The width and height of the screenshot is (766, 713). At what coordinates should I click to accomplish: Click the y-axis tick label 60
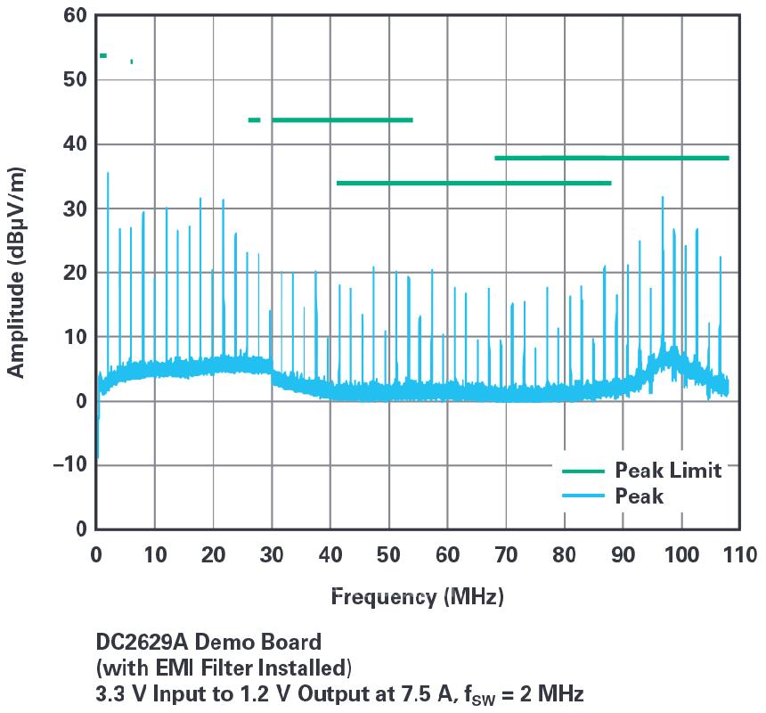pos(76,16)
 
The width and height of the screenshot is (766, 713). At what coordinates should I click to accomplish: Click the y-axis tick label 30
pos(76,209)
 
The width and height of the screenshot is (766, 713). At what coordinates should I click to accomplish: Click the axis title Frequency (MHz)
pos(417,596)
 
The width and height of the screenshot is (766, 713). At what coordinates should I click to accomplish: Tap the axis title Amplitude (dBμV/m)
pos(17,273)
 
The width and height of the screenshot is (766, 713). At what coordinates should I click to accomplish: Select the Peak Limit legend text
pos(668,471)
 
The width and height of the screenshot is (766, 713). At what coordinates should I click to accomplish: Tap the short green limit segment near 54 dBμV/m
pos(103,56)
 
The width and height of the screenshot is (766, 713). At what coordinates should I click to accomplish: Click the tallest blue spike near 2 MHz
pos(108,175)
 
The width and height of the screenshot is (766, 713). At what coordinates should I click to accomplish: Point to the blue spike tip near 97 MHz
pos(663,198)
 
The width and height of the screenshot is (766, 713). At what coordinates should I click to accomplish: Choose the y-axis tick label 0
pos(81,401)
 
